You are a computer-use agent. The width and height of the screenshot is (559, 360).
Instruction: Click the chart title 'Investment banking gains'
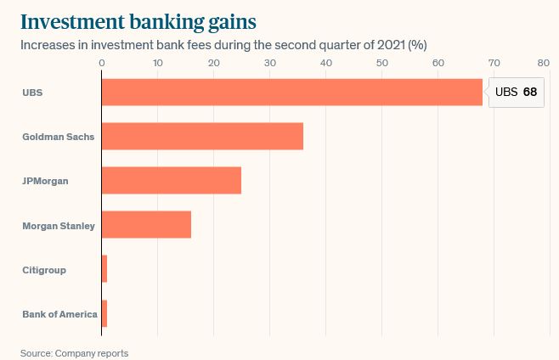[138, 20]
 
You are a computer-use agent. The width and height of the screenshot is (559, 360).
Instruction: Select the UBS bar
[291, 92]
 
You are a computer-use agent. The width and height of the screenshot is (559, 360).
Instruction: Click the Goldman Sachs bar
[202, 137]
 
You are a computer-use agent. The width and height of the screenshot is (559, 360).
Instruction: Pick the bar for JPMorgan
[171, 181]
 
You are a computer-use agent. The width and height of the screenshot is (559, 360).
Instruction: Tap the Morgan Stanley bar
[146, 225]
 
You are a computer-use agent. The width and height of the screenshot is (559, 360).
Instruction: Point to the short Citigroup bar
[104, 270]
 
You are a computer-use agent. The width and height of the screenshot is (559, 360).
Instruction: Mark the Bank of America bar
[104, 314]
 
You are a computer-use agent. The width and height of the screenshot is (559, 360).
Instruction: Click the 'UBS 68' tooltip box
[516, 92]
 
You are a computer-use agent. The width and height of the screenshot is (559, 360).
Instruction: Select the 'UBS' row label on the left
[32, 92]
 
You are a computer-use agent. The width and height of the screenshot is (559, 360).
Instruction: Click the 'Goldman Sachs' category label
[58, 137]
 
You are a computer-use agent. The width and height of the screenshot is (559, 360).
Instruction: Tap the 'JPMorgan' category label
[45, 181]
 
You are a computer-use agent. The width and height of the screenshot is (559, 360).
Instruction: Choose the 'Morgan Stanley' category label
[59, 226]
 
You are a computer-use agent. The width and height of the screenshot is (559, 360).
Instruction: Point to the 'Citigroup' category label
[44, 270]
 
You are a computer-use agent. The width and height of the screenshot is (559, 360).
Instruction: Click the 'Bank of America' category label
[59, 314]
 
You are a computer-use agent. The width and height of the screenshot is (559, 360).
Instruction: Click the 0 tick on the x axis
[101, 63]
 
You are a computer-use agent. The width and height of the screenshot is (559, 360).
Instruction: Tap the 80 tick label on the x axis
[544, 63]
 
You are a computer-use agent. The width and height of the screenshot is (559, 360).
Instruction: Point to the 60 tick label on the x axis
[438, 63]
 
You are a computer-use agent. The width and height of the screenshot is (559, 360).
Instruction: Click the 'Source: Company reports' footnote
[75, 352]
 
